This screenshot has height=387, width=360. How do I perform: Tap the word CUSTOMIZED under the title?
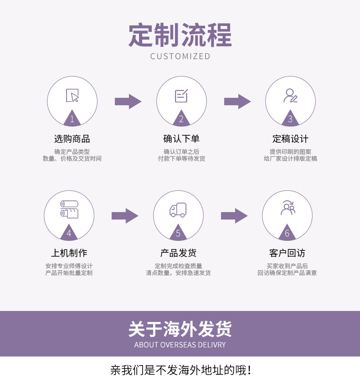click(x=180, y=56)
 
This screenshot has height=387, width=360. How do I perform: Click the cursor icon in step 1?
click(x=72, y=95)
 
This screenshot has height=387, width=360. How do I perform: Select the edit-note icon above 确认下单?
click(x=181, y=96)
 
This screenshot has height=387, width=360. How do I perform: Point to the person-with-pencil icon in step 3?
click(x=290, y=95)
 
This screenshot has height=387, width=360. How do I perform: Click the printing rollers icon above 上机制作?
click(x=69, y=209)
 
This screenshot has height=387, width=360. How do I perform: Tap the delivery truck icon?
click(x=178, y=210)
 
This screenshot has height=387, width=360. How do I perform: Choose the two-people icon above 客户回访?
click(x=288, y=208)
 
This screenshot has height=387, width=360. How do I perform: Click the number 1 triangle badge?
click(x=72, y=119)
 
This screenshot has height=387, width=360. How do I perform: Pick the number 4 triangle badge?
click(x=69, y=233)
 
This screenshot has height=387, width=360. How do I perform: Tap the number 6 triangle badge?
click(x=287, y=233)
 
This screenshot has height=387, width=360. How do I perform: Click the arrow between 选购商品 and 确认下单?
click(x=128, y=101)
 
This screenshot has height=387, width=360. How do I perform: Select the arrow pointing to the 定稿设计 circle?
click(x=237, y=101)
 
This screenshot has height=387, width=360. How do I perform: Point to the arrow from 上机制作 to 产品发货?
click(x=124, y=215)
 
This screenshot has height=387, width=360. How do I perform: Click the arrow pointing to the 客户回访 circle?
click(x=234, y=215)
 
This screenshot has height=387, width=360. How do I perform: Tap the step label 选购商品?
click(x=72, y=139)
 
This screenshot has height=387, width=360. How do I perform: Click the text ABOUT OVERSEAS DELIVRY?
click(x=180, y=345)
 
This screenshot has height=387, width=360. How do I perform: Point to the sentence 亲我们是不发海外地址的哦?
click(x=180, y=370)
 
